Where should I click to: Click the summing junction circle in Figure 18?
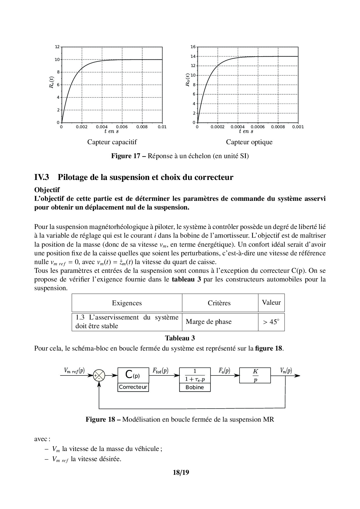[99, 376]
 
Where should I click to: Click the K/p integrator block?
[255, 376]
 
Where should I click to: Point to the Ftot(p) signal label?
[161, 371]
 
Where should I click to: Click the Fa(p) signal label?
[224, 371]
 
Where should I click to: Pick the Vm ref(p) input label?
[75, 371]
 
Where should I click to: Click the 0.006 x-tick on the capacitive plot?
[122, 127]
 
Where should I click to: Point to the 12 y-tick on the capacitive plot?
[57, 47]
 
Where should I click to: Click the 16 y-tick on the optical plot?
[193, 47]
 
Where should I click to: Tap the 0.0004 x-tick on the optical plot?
[237, 127]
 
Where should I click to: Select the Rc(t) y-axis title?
[51, 82]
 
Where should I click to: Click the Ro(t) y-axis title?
[188, 80]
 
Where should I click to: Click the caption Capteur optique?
[249, 142]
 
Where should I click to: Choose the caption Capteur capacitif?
[112, 142]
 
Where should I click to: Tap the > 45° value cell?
[271, 322]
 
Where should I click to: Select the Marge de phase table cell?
[209, 322]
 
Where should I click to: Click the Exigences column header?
[127, 303]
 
